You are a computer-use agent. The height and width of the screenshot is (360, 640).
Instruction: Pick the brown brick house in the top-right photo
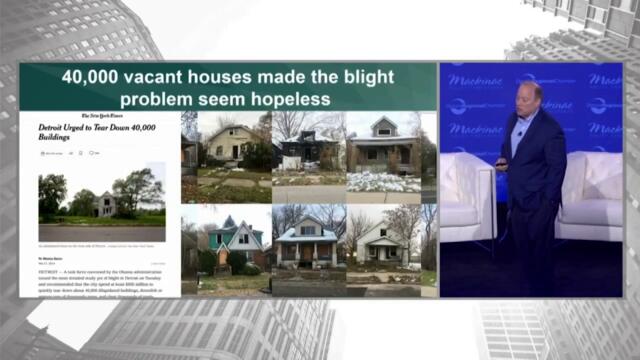383,147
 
